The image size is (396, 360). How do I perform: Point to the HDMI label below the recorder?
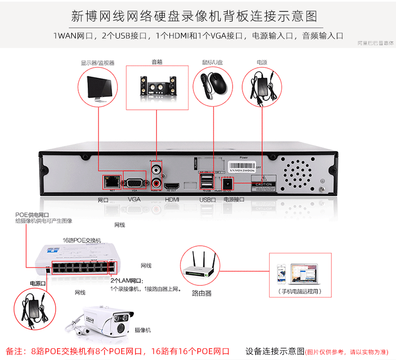click(x=172, y=199)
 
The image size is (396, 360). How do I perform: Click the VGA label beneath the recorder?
click(x=134, y=199)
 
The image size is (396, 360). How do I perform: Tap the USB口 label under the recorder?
click(x=207, y=199)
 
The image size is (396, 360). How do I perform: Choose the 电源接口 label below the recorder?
click(x=234, y=199)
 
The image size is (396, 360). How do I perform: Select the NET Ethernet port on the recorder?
click(x=109, y=182)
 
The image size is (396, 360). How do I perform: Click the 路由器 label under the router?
click(x=202, y=293)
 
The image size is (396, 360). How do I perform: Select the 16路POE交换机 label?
click(x=82, y=240)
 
